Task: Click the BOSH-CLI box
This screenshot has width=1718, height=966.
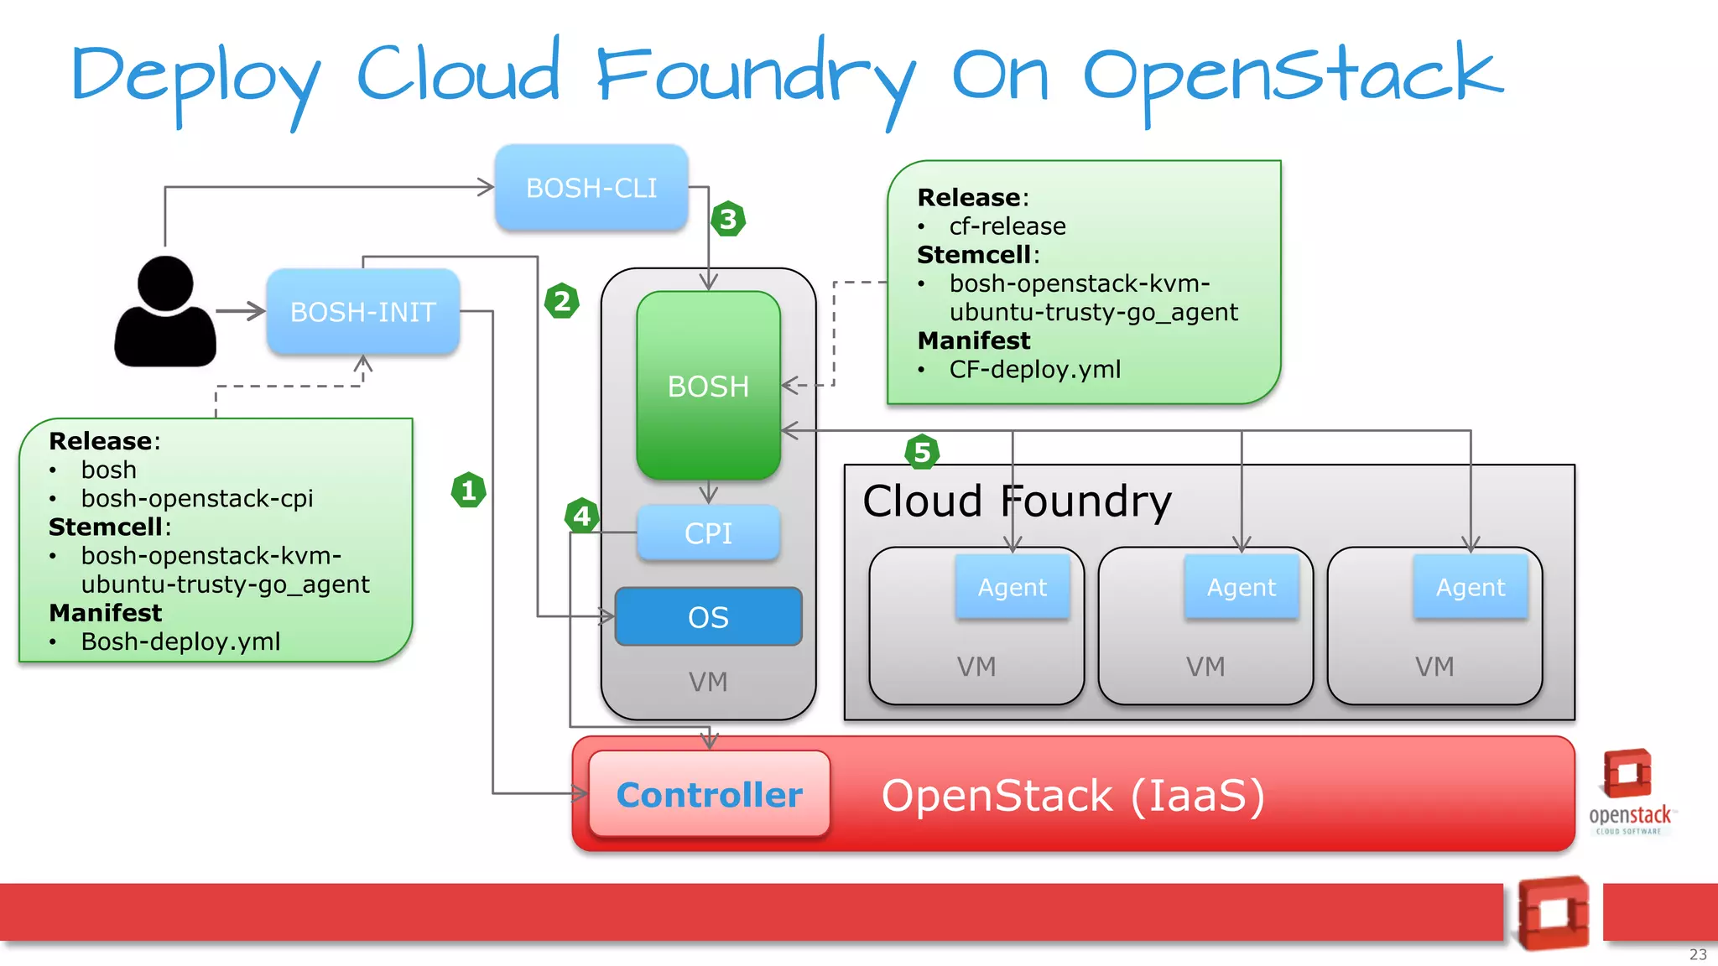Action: click(591, 188)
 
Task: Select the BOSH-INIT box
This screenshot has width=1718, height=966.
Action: click(362, 312)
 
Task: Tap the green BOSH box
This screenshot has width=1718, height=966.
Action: click(708, 386)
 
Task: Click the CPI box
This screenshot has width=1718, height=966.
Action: click(708, 533)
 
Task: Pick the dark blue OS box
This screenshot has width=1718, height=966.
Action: click(708, 617)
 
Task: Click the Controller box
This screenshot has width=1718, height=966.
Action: click(710, 794)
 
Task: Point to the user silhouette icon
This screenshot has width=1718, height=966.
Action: click(165, 312)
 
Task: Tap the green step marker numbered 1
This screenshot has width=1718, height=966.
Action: click(468, 490)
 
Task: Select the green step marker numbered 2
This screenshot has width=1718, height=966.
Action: click(561, 300)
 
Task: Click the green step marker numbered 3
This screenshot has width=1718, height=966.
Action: click(727, 220)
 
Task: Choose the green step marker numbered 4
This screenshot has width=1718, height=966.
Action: click(581, 516)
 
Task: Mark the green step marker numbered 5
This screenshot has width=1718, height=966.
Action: click(921, 453)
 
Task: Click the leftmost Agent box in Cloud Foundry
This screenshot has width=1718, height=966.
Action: click(1013, 587)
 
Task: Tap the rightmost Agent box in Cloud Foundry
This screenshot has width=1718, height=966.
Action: click(1471, 587)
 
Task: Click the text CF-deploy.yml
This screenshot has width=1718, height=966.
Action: click(1034, 370)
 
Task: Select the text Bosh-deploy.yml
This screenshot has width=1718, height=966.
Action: click(180, 641)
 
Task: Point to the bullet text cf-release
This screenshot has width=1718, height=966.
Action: click(1007, 226)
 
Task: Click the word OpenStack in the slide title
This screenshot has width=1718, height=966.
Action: click(1292, 75)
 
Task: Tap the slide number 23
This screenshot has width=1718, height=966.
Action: click(1698, 954)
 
